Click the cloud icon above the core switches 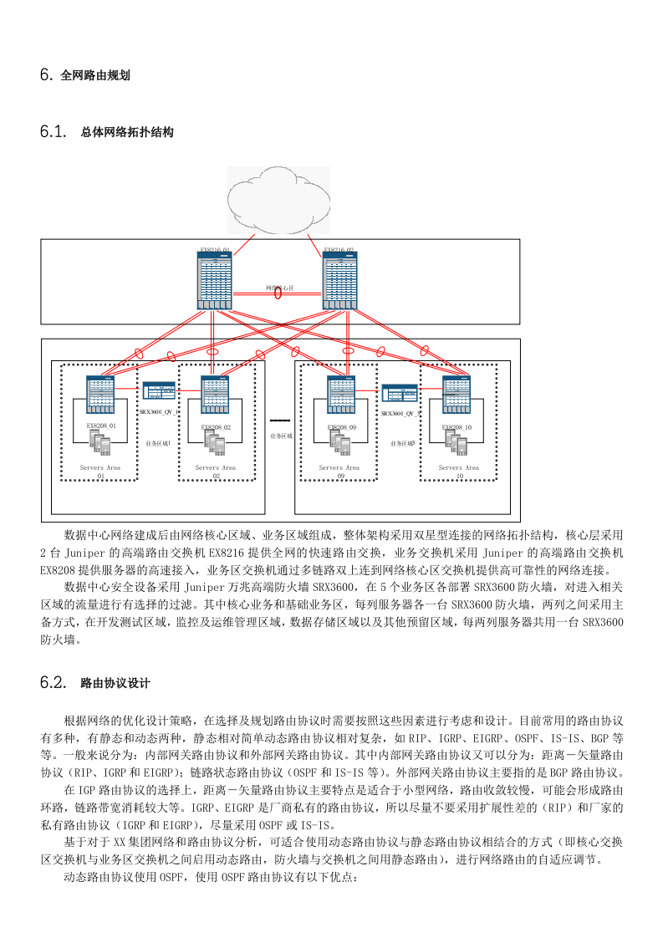tap(278, 200)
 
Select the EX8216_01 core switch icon tap(215, 281)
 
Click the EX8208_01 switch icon tap(100, 395)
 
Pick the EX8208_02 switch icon tap(216, 395)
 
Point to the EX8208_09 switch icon tap(341, 395)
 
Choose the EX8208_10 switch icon tap(456, 395)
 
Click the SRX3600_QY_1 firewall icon tap(158, 391)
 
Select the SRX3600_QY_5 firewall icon tap(400, 393)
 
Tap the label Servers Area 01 tap(101, 472)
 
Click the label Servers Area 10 tap(459, 472)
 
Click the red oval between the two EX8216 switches tap(278, 293)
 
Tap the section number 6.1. tap(52, 131)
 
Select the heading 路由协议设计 tap(115, 683)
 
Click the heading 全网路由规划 tap(94, 75)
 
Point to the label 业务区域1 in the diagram tap(157, 443)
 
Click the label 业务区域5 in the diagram tap(402, 444)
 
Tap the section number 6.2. tap(52, 683)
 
